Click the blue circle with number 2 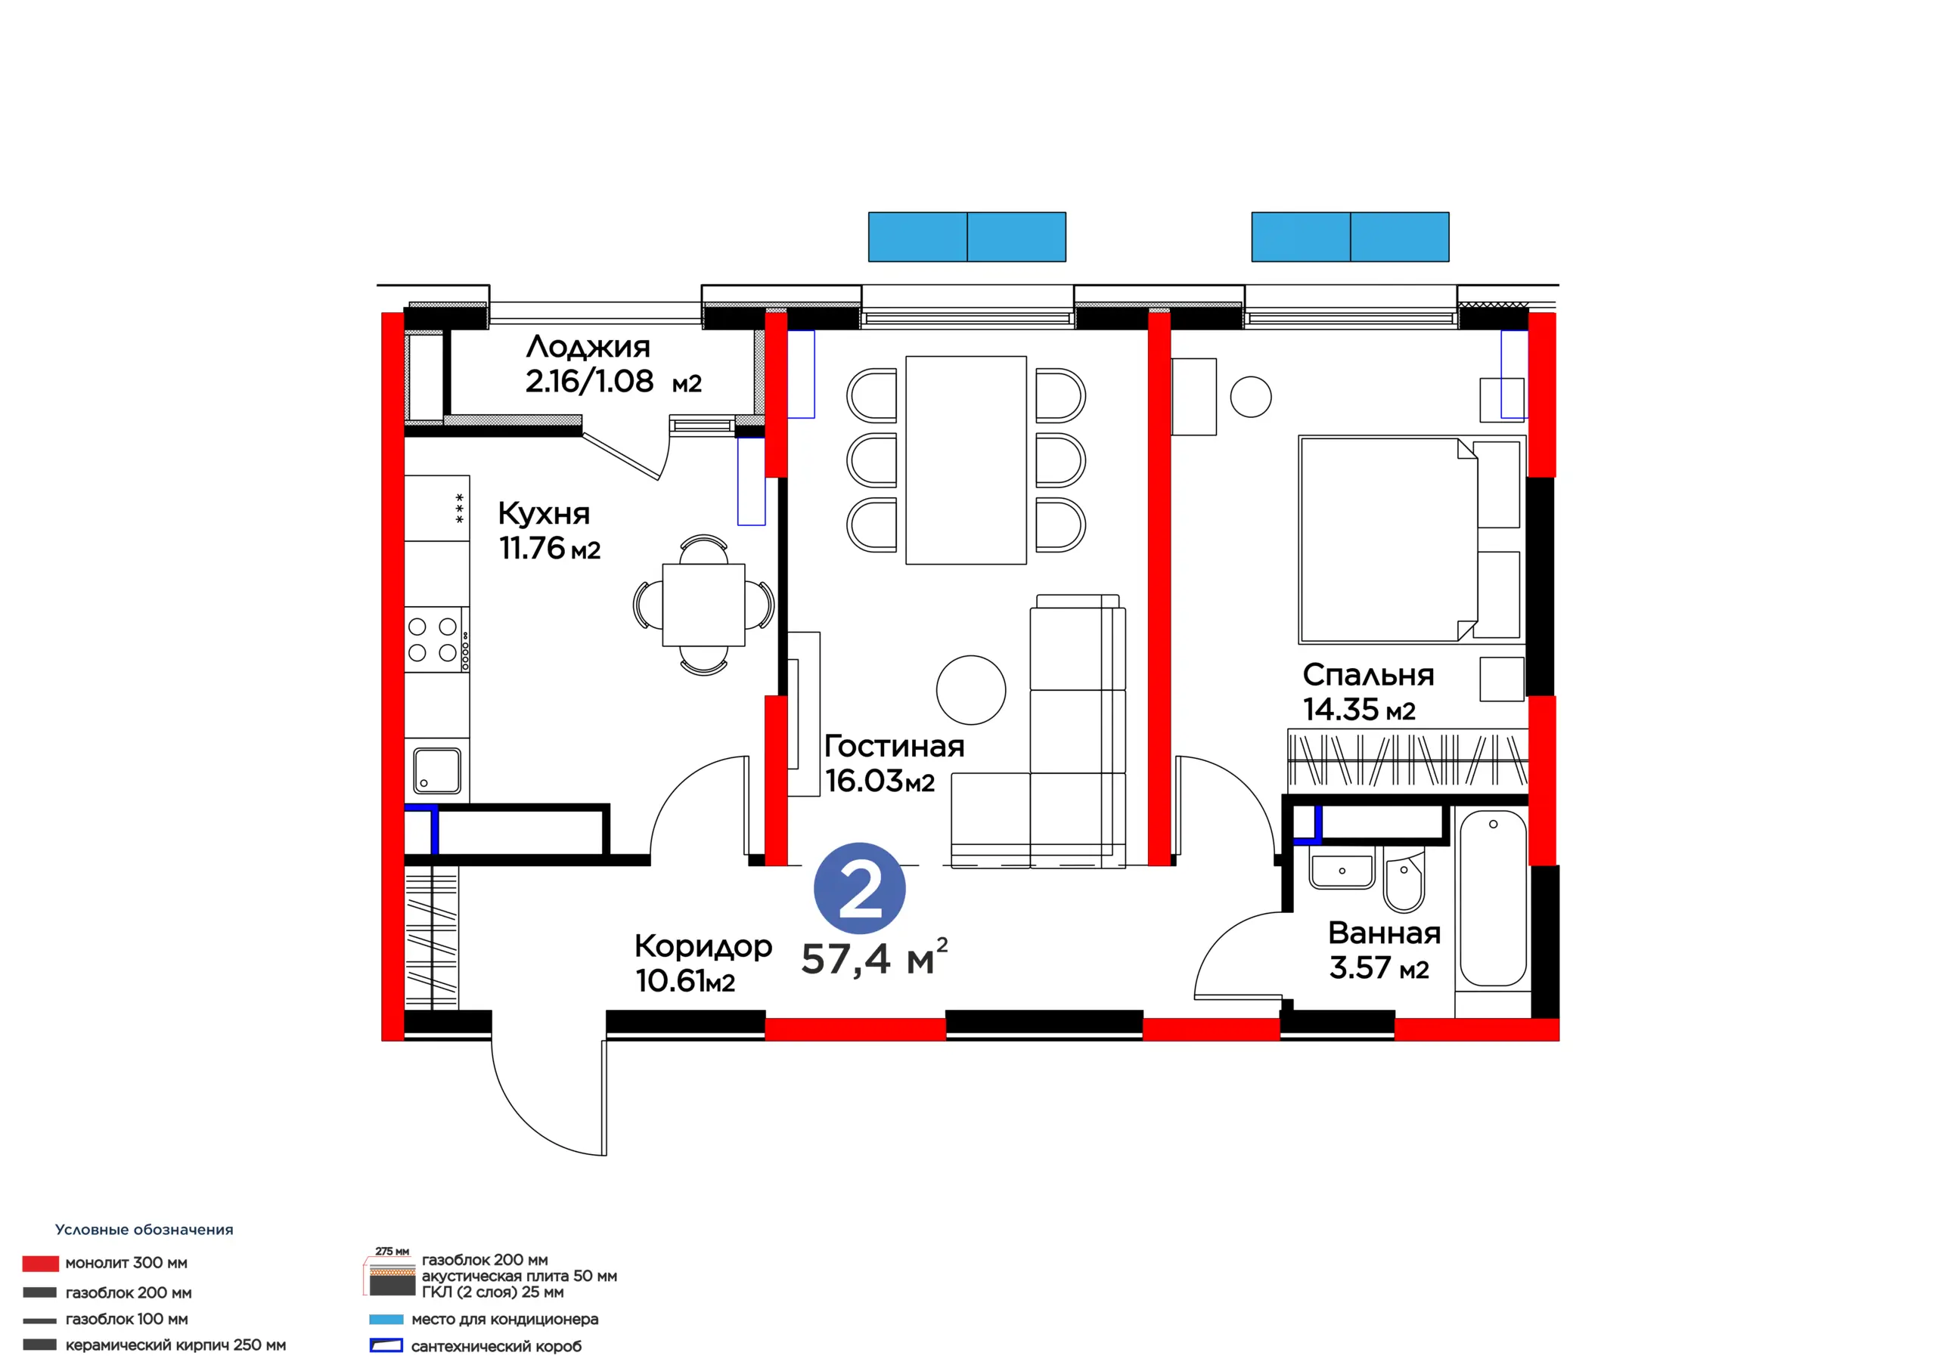(859, 888)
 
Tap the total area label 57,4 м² (874, 958)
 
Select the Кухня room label (544, 512)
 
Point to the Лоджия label (588, 347)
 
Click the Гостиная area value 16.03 (864, 781)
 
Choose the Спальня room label (1368, 674)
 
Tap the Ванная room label (1385, 933)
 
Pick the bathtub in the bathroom (1494, 898)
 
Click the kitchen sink (437, 770)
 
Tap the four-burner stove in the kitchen (436, 639)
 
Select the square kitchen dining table (703, 605)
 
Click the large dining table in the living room (966, 460)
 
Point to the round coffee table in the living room (970, 690)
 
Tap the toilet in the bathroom (1404, 881)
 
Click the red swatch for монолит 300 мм (41, 1263)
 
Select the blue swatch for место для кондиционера (386, 1319)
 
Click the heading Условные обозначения (144, 1230)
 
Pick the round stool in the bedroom (1251, 396)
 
